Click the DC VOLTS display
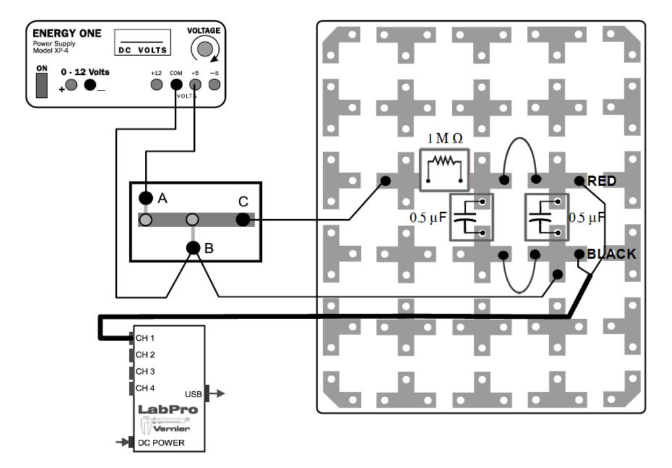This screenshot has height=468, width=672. pos(142,44)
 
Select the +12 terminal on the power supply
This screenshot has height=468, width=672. pos(156,85)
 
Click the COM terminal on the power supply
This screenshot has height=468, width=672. pos(176,85)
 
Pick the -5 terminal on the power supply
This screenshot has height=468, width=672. pos(214,85)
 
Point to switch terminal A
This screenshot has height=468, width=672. pos(146,198)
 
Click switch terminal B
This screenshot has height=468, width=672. pos(193,247)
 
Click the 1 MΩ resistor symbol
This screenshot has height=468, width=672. pos(444,170)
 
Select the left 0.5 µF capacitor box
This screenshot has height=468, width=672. pos(470,217)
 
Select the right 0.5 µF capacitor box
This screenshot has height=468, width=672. pos(546,217)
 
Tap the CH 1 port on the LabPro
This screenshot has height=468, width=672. pos(145,339)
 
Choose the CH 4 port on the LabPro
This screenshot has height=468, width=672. pos(145,387)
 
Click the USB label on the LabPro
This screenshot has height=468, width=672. pos(194,394)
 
